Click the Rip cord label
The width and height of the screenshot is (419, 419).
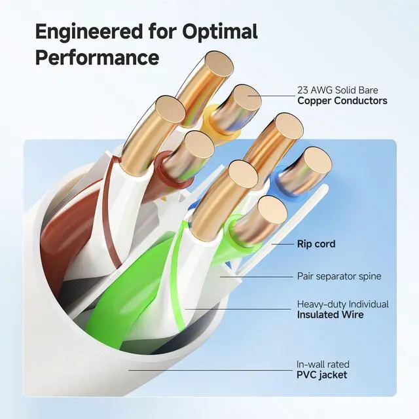pos(316,244)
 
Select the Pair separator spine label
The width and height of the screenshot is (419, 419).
pos(338,276)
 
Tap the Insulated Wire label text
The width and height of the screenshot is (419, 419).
pos(330,315)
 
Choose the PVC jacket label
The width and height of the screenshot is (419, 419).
pos(322,374)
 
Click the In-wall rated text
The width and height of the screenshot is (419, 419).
pos(323,364)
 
